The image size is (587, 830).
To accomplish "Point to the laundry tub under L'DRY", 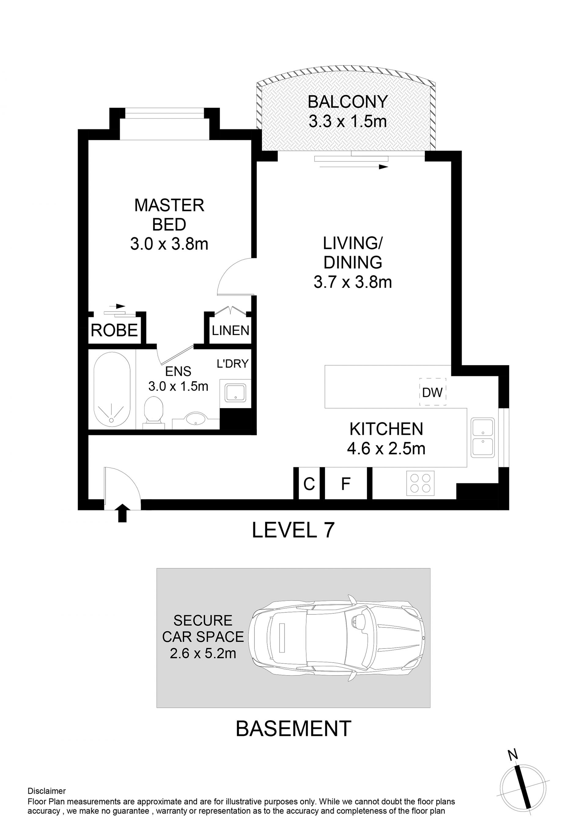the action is coord(235,393).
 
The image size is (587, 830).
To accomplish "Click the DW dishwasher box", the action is coord(433,392).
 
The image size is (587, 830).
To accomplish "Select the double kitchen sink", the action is coord(482,438).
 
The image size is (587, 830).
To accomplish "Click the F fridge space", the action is coord(346,483).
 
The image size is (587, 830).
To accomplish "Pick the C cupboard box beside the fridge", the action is coord(309,483).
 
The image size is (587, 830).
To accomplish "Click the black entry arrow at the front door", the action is coord(123,513).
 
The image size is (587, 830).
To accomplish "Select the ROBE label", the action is coord(114,330).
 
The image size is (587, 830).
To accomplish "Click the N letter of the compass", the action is coord(512,754).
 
